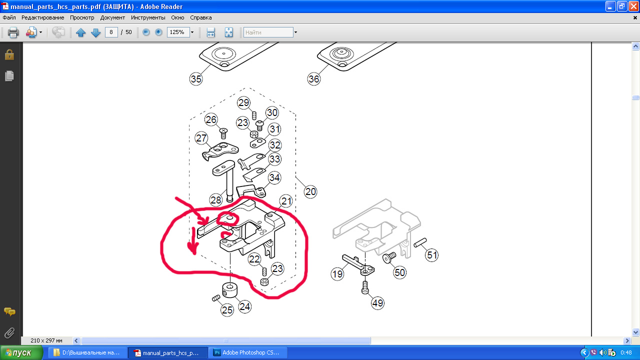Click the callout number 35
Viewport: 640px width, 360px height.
(196, 79)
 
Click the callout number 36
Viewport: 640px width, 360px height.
(313, 79)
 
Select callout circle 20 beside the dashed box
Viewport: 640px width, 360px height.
(310, 191)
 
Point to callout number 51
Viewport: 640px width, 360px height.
(431, 255)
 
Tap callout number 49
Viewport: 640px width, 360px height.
(377, 303)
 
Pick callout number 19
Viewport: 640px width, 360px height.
(337, 274)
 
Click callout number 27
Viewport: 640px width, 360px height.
(201, 138)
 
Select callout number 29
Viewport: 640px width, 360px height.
(243, 102)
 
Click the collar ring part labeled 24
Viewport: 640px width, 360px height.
(229, 289)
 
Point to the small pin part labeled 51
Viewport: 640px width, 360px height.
(420, 242)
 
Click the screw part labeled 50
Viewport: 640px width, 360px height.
(389, 257)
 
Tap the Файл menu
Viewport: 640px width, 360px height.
(9, 17)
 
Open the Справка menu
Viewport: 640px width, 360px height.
(201, 17)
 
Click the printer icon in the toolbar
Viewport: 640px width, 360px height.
(13, 32)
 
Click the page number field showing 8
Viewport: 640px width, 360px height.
(111, 32)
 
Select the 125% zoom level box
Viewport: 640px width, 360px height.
(178, 32)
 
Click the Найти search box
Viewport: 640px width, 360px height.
(268, 32)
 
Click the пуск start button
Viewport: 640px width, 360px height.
(21, 352)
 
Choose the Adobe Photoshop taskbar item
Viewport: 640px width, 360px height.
(247, 352)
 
